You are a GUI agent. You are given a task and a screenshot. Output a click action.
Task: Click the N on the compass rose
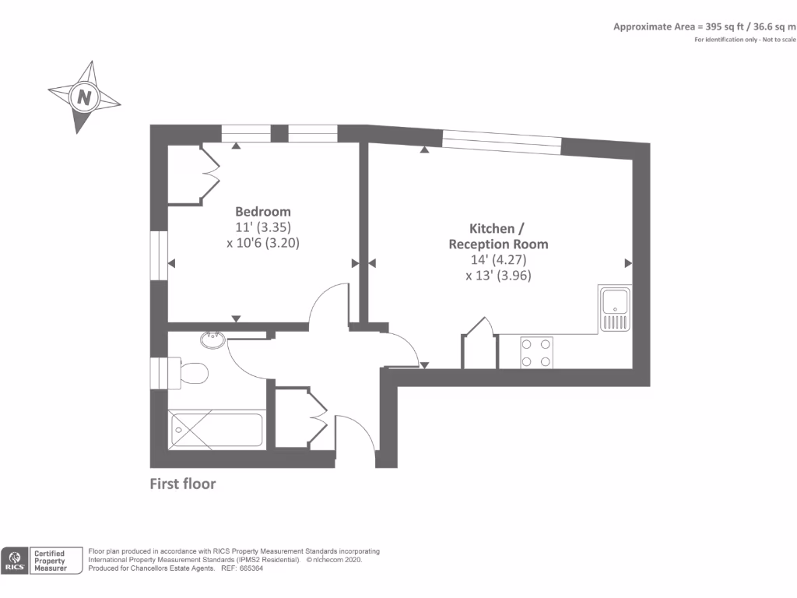[x=84, y=98]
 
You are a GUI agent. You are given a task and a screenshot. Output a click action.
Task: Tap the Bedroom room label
[x=263, y=212]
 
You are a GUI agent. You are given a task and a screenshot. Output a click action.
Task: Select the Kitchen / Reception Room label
[x=498, y=236]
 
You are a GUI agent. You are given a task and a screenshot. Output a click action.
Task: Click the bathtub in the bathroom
[x=217, y=430]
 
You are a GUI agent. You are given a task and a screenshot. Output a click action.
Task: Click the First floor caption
[x=182, y=484]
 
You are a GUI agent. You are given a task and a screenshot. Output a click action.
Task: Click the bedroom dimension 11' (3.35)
[x=263, y=227]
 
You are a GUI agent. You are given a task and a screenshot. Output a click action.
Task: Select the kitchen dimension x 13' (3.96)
[x=498, y=275]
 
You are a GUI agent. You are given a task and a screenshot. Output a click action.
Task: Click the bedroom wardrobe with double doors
[x=188, y=175]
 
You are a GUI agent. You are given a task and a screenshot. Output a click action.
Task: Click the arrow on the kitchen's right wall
[x=627, y=262]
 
